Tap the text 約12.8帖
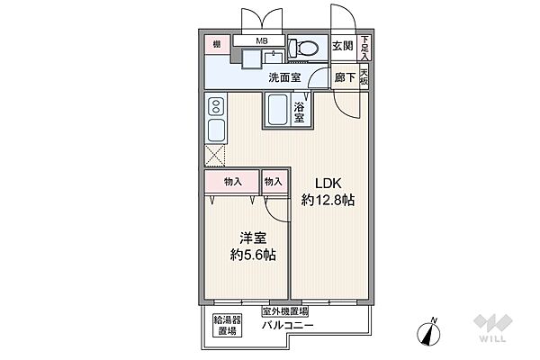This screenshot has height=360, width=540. (x=328, y=200)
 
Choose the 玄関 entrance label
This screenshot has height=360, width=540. (x=342, y=46)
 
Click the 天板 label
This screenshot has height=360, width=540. (x=364, y=77)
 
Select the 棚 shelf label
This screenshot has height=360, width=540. (x=216, y=43)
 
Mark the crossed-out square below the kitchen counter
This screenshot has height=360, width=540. (x=216, y=155)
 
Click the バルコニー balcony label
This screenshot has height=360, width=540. (x=288, y=324)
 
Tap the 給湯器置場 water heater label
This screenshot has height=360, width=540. (x=225, y=325)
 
